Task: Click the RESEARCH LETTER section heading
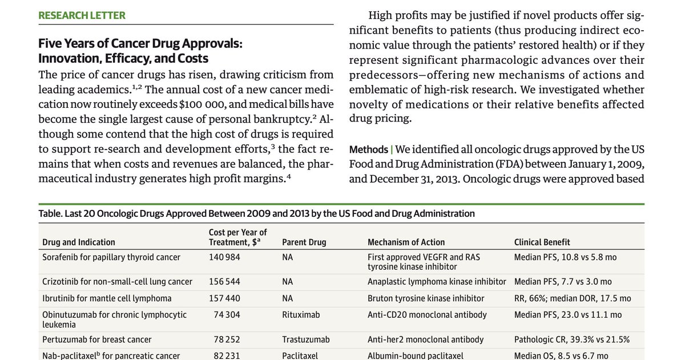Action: (x=82, y=15)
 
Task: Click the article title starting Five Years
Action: (x=140, y=51)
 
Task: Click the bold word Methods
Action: (x=368, y=149)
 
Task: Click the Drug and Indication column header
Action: (x=79, y=242)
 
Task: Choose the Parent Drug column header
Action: (x=304, y=242)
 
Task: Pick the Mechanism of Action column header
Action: (x=406, y=242)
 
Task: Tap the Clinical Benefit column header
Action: (x=542, y=242)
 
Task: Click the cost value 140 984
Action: (x=224, y=257)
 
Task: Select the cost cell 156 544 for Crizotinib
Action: (x=224, y=281)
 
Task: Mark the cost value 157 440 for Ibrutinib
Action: (x=224, y=298)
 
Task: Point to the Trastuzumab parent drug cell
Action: (x=306, y=339)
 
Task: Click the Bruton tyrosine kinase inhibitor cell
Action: (x=426, y=298)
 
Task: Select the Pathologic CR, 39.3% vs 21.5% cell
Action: (x=572, y=339)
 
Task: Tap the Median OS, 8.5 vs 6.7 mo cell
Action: (x=561, y=355)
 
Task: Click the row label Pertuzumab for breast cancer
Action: (x=97, y=339)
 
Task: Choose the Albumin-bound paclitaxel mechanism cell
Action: (x=416, y=355)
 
